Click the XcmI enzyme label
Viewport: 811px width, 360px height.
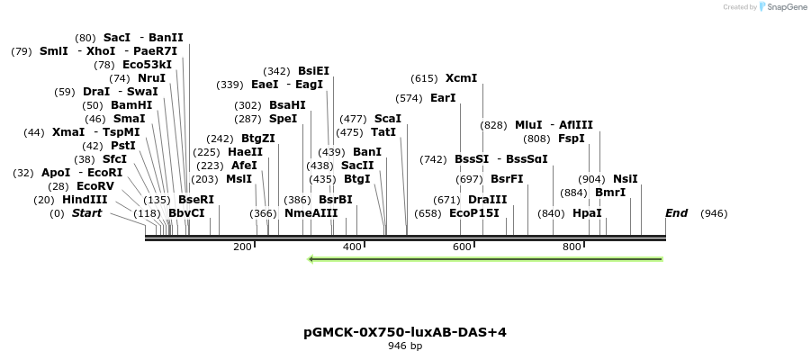[461, 78]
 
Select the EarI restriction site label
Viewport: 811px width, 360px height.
[443, 98]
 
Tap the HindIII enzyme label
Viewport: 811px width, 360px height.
[85, 200]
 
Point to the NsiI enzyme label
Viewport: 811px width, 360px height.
[625, 179]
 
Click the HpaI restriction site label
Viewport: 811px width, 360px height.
[587, 213]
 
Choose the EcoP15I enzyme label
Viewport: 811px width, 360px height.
[473, 213]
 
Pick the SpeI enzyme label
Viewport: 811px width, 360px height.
[283, 119]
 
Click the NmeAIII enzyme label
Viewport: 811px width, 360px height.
[311, 213]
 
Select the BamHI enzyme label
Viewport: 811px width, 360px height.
[131, 105]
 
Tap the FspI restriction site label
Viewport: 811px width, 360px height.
[572, 139]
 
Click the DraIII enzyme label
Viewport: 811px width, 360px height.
[488, 200]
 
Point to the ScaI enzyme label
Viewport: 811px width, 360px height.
[387, 119]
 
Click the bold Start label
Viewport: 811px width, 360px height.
[86, 213]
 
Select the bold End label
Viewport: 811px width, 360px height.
[676, 213]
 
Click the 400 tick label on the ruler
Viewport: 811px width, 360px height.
[352, 247]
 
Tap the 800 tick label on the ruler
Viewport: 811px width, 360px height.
[572, 247]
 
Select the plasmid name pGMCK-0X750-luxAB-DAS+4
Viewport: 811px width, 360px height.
[405, 332]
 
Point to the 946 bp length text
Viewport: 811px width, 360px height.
[405, 346]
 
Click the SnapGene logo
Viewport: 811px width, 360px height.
[779, 7]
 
